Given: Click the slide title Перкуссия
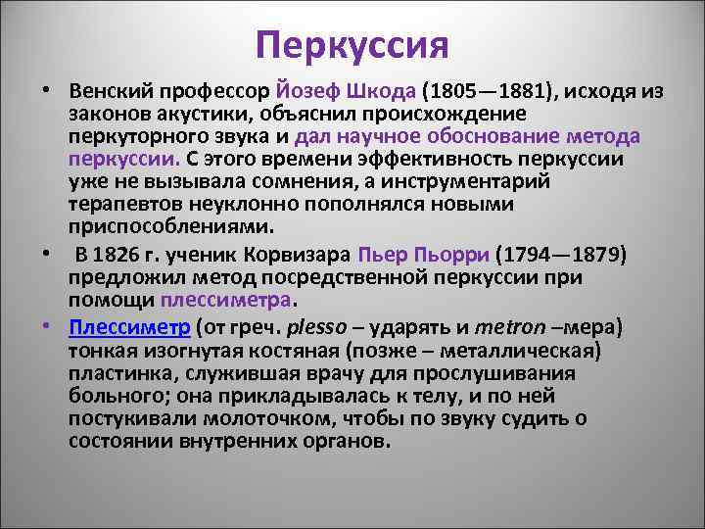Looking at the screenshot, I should (x=352, y=45).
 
